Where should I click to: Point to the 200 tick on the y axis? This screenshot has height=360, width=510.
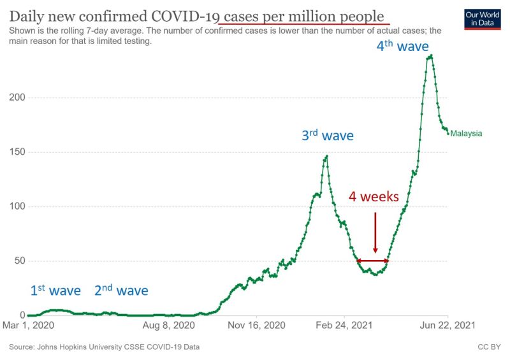(x=16, y=97)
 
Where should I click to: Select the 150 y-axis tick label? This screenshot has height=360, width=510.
(x=16, y=152)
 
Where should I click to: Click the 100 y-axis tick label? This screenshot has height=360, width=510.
(x=16, y=206)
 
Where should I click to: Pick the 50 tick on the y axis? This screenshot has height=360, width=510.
(x=18, y=261)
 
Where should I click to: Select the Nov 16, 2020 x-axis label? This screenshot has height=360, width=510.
(x=256, y=326)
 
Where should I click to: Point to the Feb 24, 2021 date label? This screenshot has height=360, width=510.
(x=344, y=326)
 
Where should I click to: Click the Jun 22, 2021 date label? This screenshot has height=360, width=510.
(x=448, y=326)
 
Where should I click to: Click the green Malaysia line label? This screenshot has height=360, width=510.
(x=466, y=134)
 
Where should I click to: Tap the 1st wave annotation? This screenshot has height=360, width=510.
(x=55, y=291)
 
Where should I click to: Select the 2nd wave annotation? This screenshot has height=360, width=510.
(x=121, y=291)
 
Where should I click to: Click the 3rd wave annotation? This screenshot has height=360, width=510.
(x=327, y=135)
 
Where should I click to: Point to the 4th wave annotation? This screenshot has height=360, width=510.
(x=402, y=46)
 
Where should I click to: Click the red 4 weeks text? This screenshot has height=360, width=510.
(x=374, y=196)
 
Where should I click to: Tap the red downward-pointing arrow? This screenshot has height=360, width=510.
(x=375, y=233)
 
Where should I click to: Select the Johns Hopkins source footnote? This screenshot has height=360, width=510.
(x=105, y=347)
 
